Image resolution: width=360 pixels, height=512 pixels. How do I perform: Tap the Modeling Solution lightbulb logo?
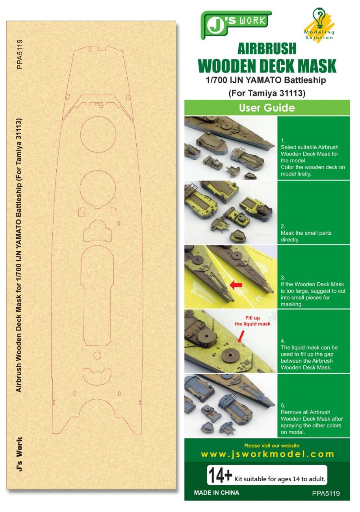319,24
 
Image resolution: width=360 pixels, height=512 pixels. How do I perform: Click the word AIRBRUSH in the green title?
267,49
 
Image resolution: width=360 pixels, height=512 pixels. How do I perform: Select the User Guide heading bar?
267,108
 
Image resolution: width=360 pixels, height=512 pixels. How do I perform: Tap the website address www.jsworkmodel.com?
267,454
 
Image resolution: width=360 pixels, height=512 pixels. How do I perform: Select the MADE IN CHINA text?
217,493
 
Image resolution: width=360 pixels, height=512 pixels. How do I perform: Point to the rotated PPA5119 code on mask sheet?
20,54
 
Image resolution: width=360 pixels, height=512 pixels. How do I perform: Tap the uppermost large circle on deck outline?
98,134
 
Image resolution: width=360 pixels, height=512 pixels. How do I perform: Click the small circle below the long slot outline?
97,356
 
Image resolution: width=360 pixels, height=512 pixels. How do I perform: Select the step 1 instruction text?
313,157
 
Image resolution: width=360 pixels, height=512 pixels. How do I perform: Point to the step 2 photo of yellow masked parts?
230,212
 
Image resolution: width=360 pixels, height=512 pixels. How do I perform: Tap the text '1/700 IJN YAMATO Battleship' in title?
267,81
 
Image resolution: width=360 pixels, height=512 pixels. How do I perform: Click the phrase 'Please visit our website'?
272,445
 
